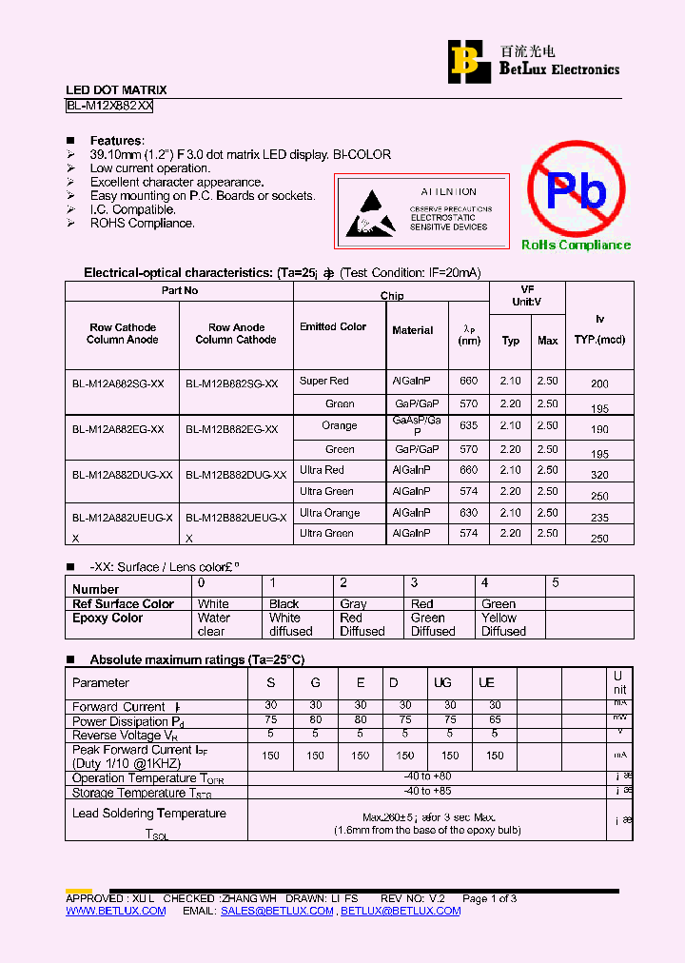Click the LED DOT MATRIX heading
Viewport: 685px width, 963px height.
tap(116, 90)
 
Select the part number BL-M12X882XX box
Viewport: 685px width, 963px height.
tap(109, 107)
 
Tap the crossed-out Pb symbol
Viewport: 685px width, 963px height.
tap(577, 189)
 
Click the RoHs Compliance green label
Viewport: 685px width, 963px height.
tap(576, 246)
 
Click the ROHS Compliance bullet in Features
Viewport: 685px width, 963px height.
tap(142, 224)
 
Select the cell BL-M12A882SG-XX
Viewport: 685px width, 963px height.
tap(119, 383)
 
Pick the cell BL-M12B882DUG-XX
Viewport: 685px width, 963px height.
tap(235, 474)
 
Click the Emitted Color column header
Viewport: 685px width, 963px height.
tap(333, 326)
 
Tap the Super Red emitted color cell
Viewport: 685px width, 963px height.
tap(324, 381)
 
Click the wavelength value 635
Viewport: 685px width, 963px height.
tap(468, 425)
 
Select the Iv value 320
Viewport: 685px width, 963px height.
tap(599, 475)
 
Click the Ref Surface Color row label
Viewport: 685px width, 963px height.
tap(123, 603)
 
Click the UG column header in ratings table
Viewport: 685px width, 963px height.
tap(443, 682)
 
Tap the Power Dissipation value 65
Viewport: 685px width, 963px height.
tap(495, 720)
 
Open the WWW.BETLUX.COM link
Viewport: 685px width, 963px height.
tap(115, 911)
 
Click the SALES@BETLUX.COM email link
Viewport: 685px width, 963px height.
tap(277, 911)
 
